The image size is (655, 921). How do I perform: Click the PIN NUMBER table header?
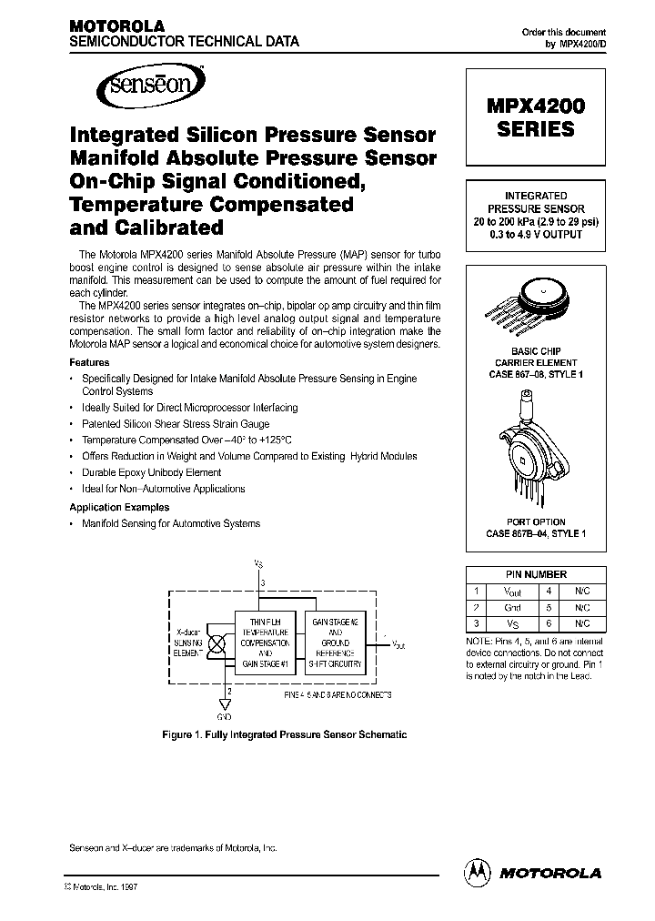coord(536,574)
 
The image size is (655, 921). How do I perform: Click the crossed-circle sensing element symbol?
coord(217,643)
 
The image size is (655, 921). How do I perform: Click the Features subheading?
coord(89,362)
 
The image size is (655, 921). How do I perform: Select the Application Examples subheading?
coord(119,507)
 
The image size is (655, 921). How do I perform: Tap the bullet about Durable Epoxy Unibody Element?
coord(151,472)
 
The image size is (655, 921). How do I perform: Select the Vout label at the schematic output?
coord(398,643)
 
